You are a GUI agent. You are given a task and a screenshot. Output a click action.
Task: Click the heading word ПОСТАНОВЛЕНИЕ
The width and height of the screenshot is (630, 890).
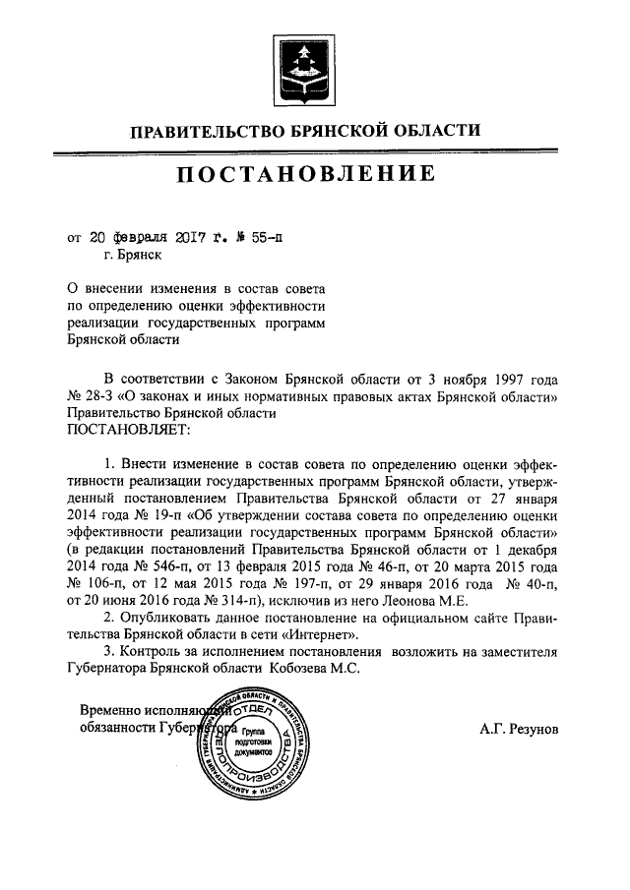click(306, 176)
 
